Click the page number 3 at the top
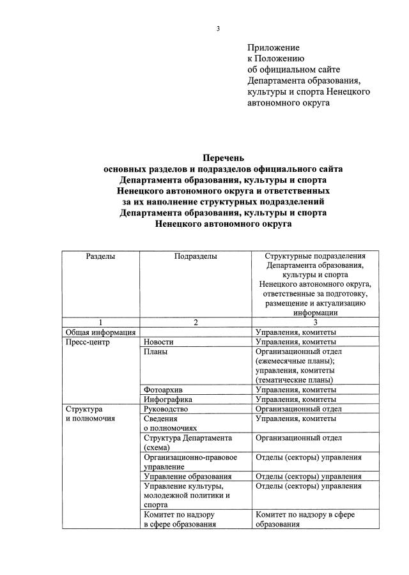click(218, 29)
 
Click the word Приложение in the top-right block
click(273, 47)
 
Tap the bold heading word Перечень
click(223, 157)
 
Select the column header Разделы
click(100, 256)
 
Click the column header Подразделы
click(196, 256)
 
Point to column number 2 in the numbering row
click(196, 323)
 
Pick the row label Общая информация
click(100, 332)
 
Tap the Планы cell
click(156, 351)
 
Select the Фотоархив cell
click(164, 390)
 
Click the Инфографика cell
click(168, 399)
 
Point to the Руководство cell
click(166, 409)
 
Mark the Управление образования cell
click(187, 477)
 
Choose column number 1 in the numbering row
click(100, 323)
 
